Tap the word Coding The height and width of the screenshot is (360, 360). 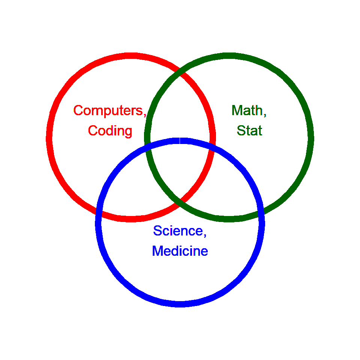pos(110,131)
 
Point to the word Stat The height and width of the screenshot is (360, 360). pos(249,131)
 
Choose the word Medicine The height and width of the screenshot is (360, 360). pos(180,251)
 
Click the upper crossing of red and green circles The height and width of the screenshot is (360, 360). pos(180,73)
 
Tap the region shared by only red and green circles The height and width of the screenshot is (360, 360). pos(180,112)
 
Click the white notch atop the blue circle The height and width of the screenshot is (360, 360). pos(180,141)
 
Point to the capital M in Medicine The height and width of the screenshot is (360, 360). pos(157,251)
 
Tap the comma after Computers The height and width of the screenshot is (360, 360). pos(144,114)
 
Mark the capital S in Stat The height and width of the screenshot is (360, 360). pos(241,131)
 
